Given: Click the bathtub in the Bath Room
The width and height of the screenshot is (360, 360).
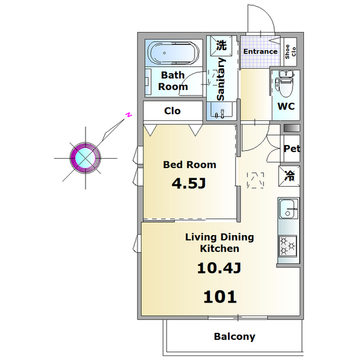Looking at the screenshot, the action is click(173, 53).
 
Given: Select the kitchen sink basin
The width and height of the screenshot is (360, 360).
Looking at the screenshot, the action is click(289, 209).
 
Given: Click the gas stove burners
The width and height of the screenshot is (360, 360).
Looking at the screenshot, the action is click(288, 246).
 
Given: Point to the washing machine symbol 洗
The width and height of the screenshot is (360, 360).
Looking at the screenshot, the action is click(221, 45).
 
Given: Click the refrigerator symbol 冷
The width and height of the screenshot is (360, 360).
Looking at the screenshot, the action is click(289, 176).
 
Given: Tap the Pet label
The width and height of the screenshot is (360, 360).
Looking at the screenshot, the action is click(291, 148).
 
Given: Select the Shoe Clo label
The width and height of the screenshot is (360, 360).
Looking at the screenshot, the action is click(290, 52).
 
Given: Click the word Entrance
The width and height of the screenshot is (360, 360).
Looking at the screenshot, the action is click(260, 51).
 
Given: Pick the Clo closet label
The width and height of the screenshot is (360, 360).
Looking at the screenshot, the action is click(172, 111).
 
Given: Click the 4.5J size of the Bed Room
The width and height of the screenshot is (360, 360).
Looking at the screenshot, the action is click(189, 183).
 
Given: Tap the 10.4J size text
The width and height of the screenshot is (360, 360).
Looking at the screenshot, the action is click(219, 268).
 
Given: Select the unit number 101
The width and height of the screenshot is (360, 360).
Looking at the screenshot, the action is click(220, 296).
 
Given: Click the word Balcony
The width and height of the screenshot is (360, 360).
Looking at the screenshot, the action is click(235, 336).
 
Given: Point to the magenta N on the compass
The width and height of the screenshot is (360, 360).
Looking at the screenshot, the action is click(129, 115).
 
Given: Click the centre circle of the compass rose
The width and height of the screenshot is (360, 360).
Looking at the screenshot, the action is click(85, 158).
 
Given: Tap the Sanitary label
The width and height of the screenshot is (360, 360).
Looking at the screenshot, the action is click(220, 79).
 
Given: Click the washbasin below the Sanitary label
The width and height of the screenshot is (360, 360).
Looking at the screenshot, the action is click(221, 111).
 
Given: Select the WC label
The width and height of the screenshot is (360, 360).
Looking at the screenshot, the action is click(286, 106).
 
